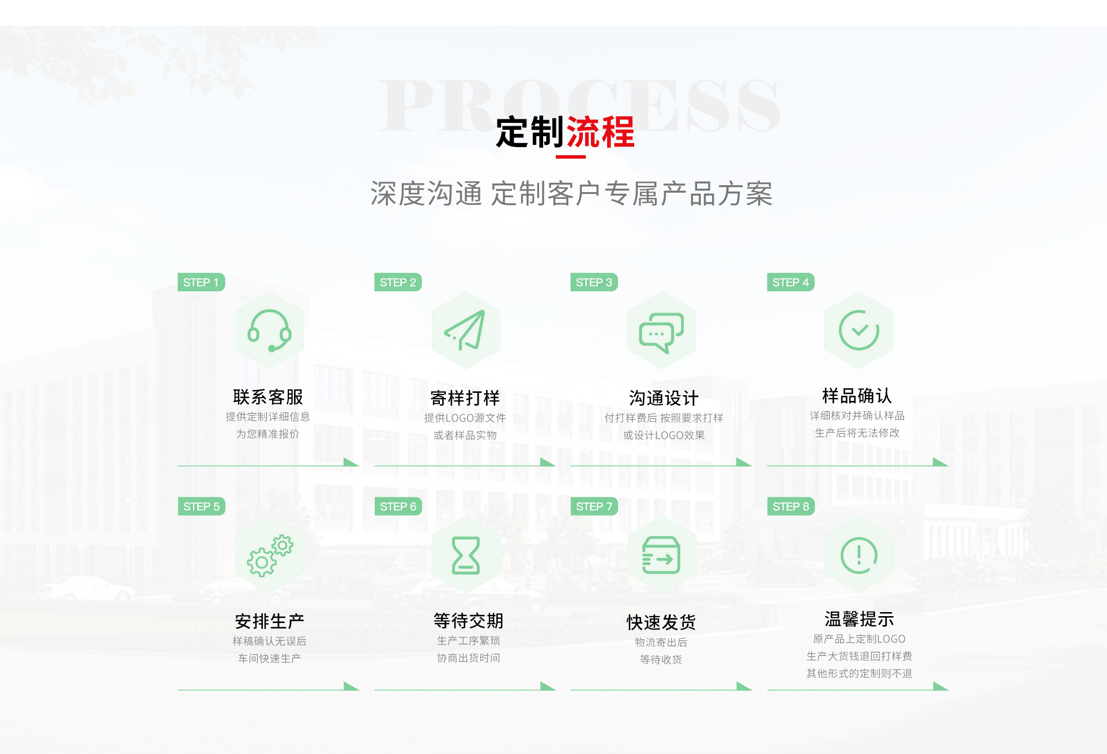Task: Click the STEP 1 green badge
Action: pyautogui.click(x=201, y=282)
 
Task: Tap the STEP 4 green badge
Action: pyautogui.click(x=790, y=282)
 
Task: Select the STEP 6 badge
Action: pyautogui.click(x=398, y=507)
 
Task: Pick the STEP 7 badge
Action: pyautogui.click(x=594, y=507)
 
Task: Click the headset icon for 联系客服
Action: pyautogui.click(x=269, y=331)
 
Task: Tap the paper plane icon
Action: pyautogui.click(x=465, y=331)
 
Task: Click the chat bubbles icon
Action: pyautogui.click(x=661, y=332)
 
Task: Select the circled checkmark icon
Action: pyautogui.click(x=859, y=330)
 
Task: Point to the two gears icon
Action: pyautogui.click(x=270, y=555)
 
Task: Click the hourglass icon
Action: pyautogui.click(x=466, y=555)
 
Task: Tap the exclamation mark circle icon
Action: pyautogui.click(x=859, y=555)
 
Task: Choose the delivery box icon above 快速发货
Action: pyautogui.click(x=661, y=555)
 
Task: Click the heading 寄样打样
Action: pyautogui.click(x=465, y=398)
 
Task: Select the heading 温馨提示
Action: pyautogui.click(x=859, y=619)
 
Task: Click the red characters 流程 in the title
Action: pyautogui.click(x=600, y=132)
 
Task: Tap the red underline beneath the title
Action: pyautogui.click(x=570, y=156)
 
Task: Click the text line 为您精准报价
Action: pyautogui.click(x=268, y=434)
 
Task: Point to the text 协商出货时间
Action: pyautogui.click(x=468, y=658)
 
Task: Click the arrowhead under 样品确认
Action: pyautogui.click(x=940, y=462)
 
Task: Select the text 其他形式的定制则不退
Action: pyautogui.click(x=859, y=673)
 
